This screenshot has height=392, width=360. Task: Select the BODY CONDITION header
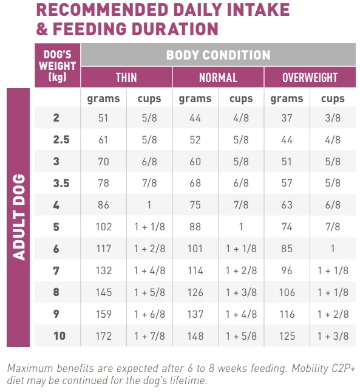point(218,55)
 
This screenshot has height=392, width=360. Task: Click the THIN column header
point(126,78)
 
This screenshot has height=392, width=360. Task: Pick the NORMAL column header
point(218,78)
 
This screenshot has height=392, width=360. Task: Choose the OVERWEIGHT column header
point(310,78)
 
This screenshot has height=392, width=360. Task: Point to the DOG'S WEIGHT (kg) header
point(57,66)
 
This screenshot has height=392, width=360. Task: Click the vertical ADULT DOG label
point(19,217)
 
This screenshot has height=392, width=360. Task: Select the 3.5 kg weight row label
point(61,184)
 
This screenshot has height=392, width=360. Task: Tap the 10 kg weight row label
point(59,335)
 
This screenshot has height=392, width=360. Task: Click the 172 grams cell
point(103,335)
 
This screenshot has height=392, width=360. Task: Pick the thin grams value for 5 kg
point(103,227)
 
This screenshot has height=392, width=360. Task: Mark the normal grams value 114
point(195,270)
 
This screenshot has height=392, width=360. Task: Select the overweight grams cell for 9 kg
point(287,314)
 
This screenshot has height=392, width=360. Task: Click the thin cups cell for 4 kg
point(149,205)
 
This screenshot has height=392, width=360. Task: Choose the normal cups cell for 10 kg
point(241,335)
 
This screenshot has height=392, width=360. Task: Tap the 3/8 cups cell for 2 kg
point(333,118)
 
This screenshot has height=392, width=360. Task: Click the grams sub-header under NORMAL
point(195,98)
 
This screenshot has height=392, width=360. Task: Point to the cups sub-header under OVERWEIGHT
point(333,98)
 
